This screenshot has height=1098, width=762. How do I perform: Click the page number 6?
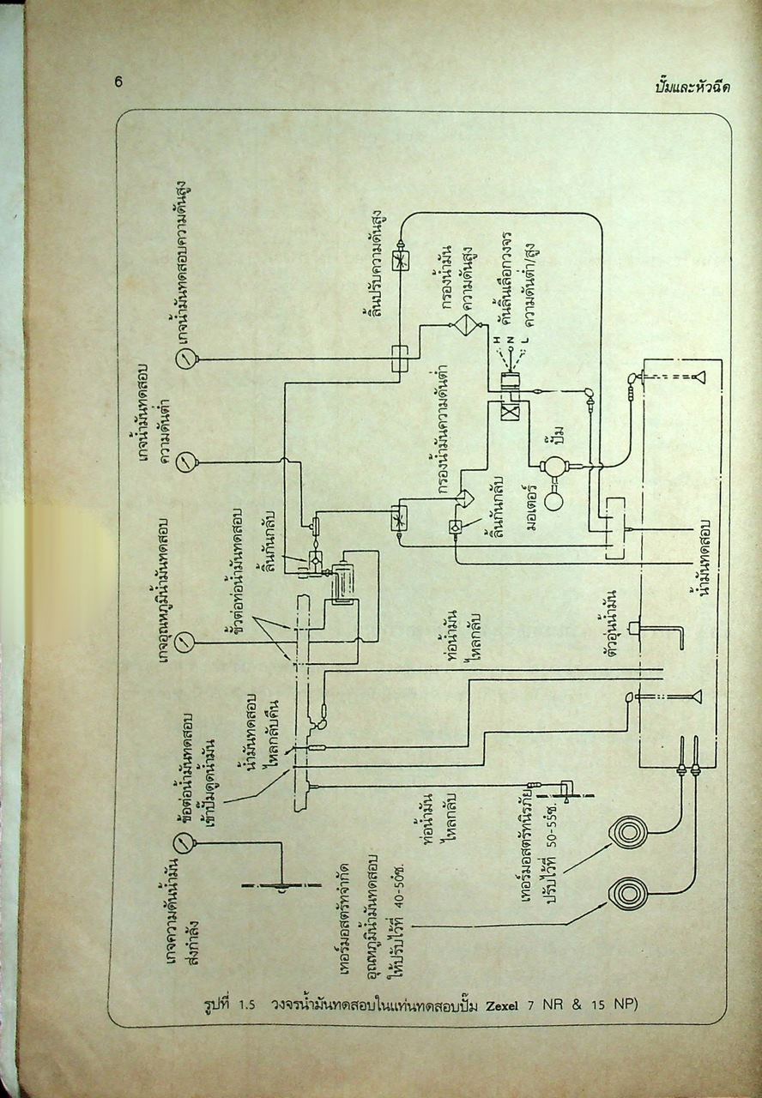click(x=118, y=83)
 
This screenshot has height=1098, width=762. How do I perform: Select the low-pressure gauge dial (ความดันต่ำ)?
click(x=186, y=463)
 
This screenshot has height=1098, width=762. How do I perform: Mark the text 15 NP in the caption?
click(x=609, y=1004)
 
